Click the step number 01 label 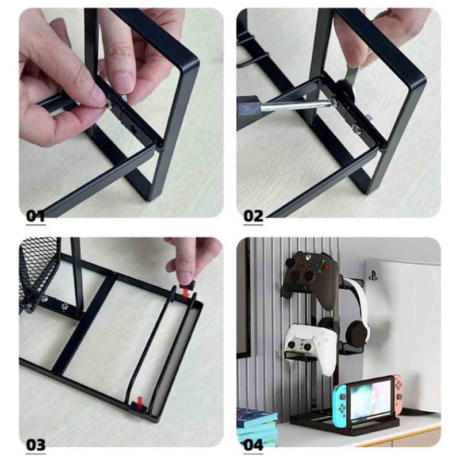coord(36,217)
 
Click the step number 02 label coord(253,217)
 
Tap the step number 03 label coord(36,444)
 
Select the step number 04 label coord(254,444)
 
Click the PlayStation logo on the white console coord(373,276)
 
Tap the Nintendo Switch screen coord(371,399)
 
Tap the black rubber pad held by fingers coord(187,283)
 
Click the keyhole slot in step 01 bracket coord(133,128)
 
